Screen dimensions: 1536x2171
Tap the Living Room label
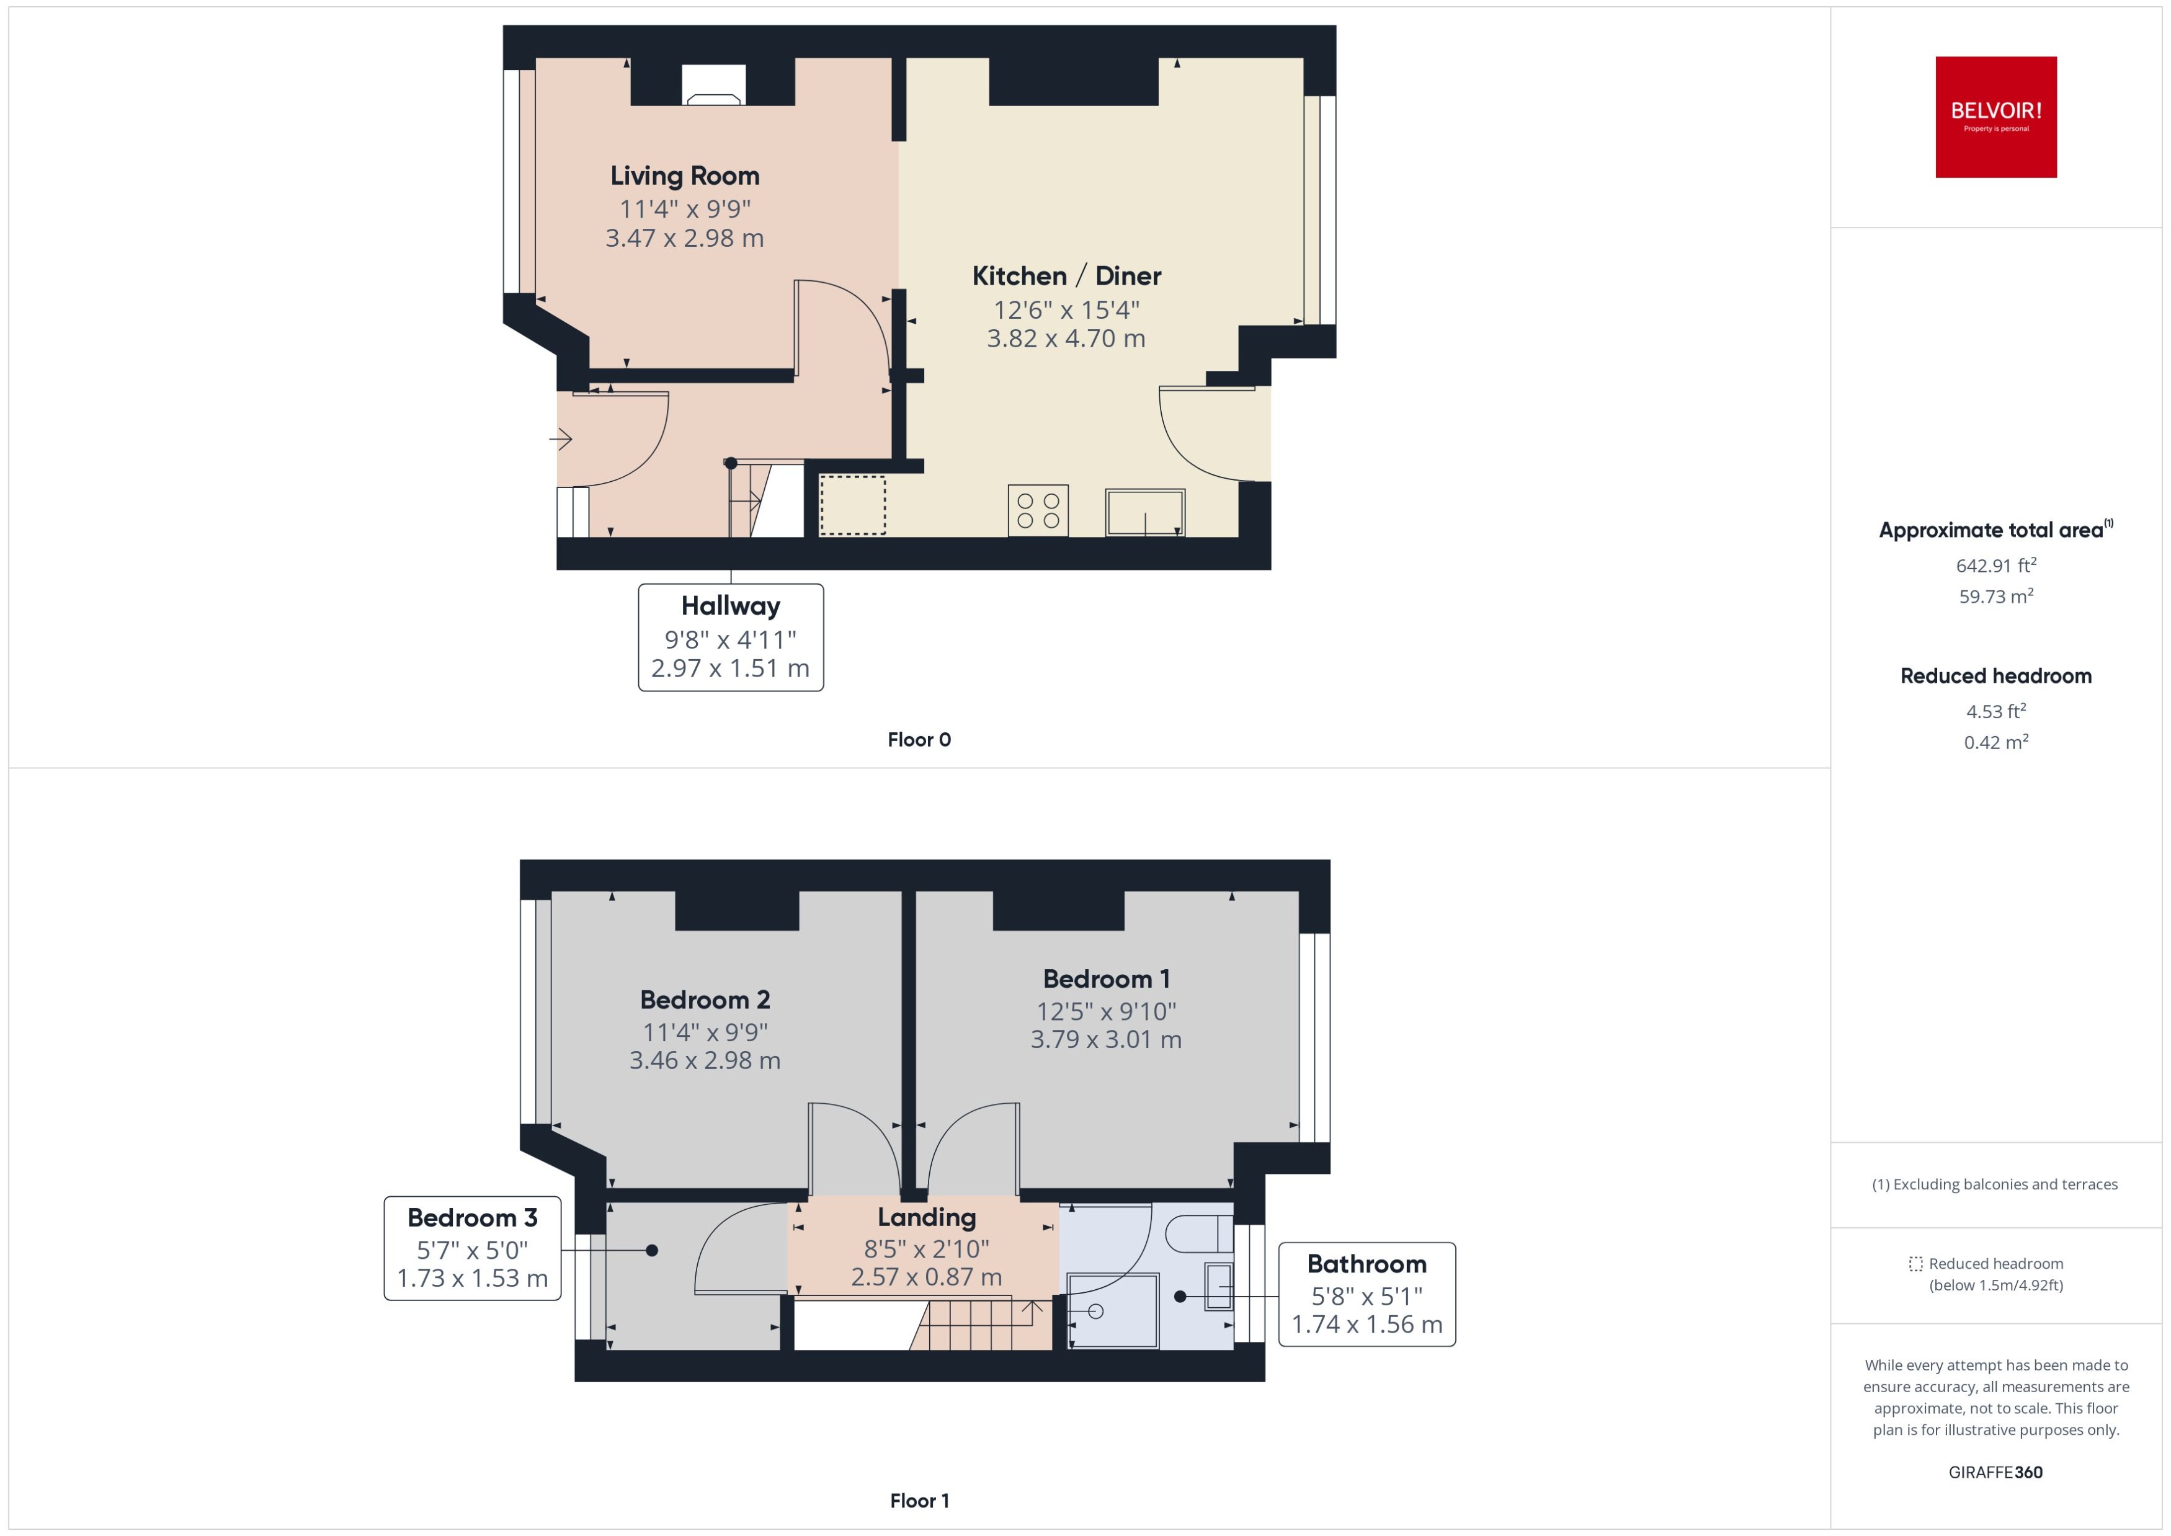point(684,176)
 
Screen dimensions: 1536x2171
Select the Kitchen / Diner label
point(1066,276)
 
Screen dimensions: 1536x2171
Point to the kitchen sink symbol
point(1144,512)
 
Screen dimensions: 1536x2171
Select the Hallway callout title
point(730,605)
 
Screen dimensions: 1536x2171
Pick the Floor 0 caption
point(919,740)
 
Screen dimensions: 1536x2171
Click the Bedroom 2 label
point(705,1000)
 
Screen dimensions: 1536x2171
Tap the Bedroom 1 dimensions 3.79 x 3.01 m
point(1106,1039)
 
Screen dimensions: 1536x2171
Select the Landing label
point(926,1217)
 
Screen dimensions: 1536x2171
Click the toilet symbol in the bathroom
point(1200,1234)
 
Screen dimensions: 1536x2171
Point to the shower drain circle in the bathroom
point(1097,1311)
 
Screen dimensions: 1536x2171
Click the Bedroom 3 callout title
point(472,1217)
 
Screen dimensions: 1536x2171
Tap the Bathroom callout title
point(1366,1264)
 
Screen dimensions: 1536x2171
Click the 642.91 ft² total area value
point(1995,566)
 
